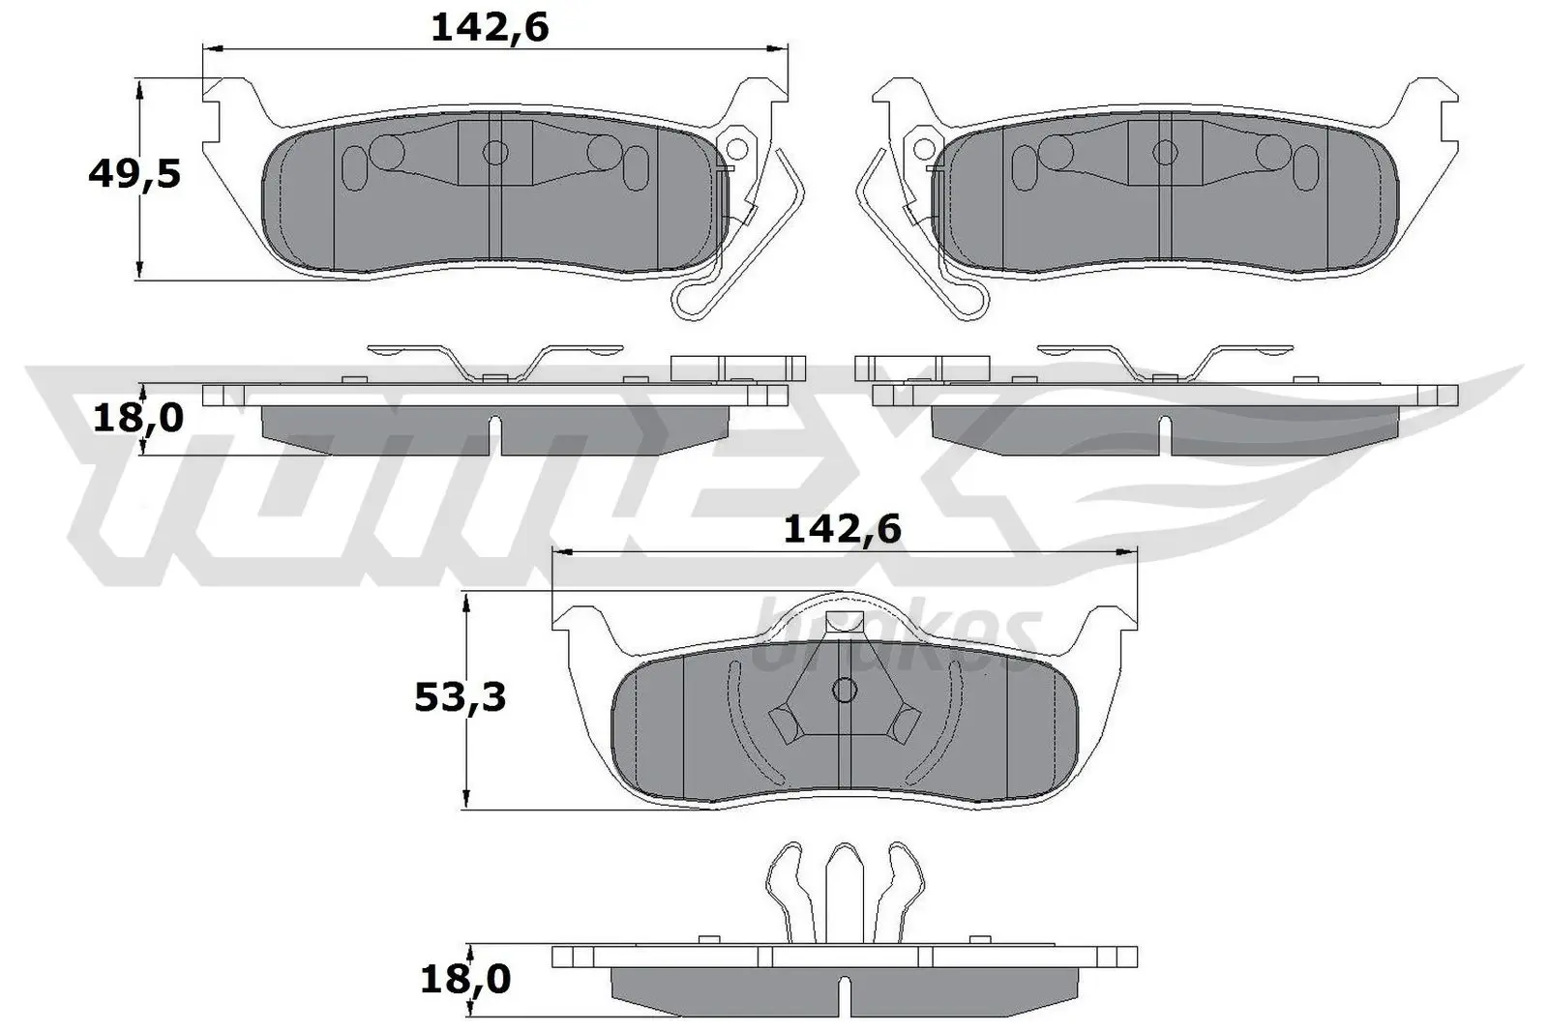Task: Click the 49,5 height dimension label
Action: pos(134,175)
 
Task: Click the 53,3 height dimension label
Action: pos(460,696)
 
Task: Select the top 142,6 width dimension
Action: pos(490,28)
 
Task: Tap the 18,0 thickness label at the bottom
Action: pos(464,979)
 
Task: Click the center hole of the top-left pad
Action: pos(495,152)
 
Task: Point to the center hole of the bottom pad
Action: pos(844,691)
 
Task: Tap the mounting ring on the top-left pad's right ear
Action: pos(739,149)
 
